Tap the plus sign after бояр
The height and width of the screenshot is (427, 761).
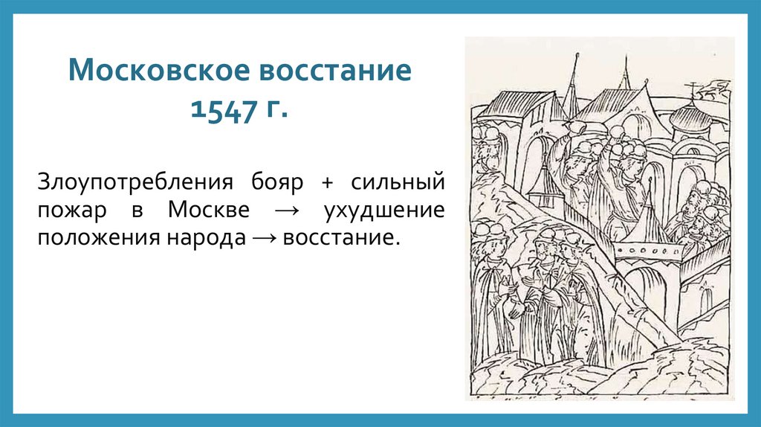[x=328, y=182]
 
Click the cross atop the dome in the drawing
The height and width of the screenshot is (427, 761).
[x=693, y=92]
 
